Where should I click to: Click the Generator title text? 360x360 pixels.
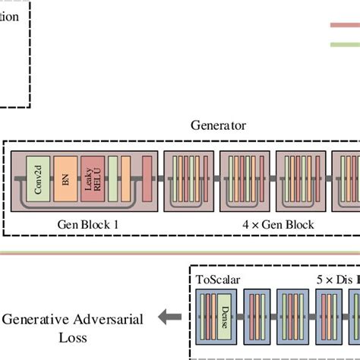click(218, 125)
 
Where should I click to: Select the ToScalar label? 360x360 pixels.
click(218, 279)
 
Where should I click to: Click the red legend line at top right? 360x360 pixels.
click(345, 24)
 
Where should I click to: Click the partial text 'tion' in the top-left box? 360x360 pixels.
click(9, 17)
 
